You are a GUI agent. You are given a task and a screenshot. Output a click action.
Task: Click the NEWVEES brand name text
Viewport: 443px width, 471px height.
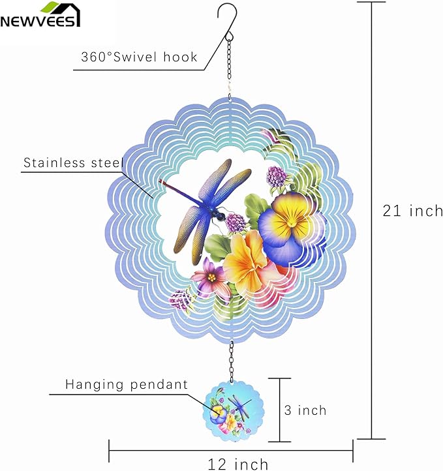40,21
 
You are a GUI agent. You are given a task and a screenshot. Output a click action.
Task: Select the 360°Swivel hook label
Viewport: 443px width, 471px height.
139,57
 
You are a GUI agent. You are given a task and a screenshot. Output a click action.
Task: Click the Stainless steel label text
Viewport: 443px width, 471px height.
72,162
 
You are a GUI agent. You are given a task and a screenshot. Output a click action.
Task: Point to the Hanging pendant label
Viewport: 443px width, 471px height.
127,385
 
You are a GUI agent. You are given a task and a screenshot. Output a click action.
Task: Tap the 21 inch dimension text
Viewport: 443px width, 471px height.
413,211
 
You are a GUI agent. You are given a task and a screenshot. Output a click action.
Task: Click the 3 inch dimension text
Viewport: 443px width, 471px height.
305,410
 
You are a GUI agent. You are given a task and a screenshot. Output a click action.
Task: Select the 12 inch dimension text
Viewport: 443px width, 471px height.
237,464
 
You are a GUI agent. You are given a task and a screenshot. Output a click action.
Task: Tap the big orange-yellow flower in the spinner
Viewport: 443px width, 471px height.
247,261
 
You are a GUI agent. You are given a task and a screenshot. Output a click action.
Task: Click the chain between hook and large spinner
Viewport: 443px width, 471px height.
230,65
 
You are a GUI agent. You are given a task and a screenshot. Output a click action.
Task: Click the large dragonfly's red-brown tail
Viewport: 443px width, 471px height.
175,189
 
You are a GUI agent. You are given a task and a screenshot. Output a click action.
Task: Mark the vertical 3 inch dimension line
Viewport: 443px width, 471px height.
281,410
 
